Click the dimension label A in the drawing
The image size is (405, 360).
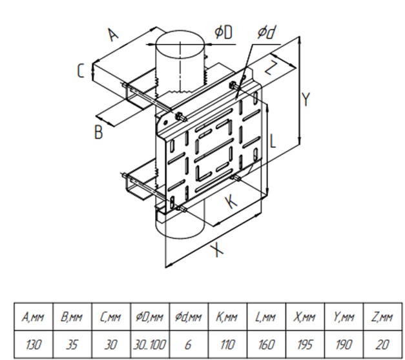[x=113, y=34]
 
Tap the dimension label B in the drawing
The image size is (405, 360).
[x=98, y=133]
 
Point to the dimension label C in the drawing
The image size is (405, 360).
[x=80, y=70]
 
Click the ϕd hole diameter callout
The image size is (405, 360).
[x=267, y=33]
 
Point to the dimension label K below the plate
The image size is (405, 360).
[x=231, y=202]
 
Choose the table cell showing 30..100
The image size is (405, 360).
[x=150, y=345]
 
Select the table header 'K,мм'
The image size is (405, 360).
[x=228, y=317]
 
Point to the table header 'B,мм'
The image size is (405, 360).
[x=72, y=317]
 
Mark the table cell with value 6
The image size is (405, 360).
[x=189, y=345]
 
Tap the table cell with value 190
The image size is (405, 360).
[x=346, y=345]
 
